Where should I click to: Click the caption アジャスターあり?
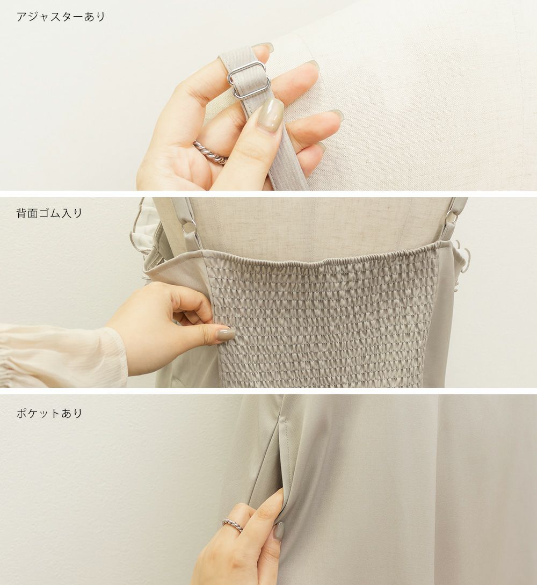(x=61, y=17)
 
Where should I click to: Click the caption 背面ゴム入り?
(x=49, y=213)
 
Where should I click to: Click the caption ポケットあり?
(x=49, y=413)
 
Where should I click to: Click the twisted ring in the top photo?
(x=209, y=152)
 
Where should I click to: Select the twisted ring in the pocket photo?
(x=233, y=524)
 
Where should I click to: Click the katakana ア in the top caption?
(x=21, y=17)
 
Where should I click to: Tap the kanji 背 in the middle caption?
(x=21, y=213)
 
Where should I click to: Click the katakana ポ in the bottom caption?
(x=21, y=413)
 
